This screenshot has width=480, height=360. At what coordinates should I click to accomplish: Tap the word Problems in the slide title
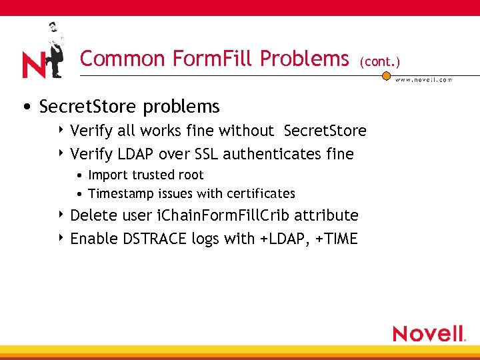tap(305, 59)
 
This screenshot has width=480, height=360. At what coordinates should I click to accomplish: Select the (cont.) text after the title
tap(379, 62)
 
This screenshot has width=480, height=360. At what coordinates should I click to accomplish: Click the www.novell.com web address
tap(424, 80)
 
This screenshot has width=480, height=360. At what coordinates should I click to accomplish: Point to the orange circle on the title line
tap(386, 76)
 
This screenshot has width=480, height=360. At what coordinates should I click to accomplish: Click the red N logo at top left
tap(33, 65)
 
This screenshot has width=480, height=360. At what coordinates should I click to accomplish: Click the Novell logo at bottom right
tap(429, 333)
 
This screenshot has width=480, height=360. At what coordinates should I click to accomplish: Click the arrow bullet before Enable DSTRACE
tap(61, 238)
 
